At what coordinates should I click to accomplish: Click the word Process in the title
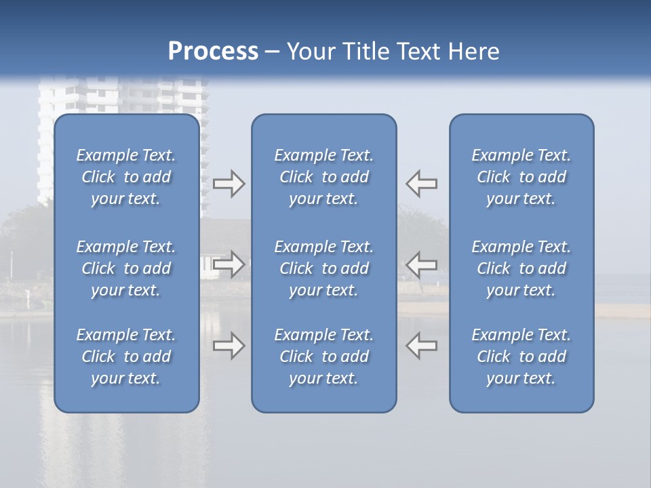(213, 52)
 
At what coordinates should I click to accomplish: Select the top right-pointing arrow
(229, 184)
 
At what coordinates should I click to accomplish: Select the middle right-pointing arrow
(229, 264)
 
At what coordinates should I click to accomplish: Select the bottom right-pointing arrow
(229, 346)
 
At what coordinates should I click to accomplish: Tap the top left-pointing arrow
(422, 184)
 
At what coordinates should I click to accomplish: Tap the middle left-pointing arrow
(422, 264)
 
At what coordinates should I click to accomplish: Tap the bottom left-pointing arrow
(422, 346)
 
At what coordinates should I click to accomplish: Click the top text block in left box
(126, 177)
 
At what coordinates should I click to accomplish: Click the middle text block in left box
(126, 268)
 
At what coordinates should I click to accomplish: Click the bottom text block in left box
(126, 357)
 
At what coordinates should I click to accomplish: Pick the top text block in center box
(323, 177)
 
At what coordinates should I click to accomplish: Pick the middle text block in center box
(323, 268)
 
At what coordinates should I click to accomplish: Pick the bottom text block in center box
(323, 357)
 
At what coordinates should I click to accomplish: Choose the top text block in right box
(521, 177)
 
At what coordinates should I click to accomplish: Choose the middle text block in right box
(521, 268)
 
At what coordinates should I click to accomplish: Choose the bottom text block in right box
(521, 357)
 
